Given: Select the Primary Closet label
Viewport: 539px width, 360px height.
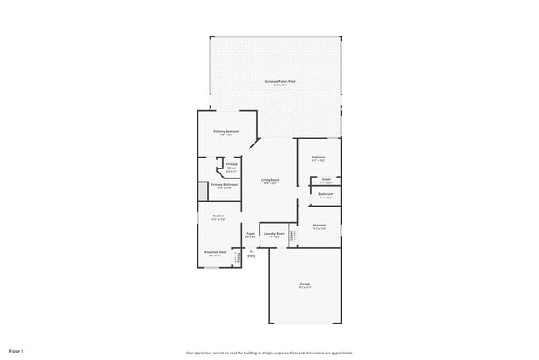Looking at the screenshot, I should (231, 166).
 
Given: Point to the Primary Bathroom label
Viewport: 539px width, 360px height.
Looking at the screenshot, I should (224, 184).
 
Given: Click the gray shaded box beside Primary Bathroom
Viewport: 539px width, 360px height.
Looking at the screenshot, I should (202, 191).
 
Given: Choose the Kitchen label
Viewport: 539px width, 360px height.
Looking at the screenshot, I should (218, 216).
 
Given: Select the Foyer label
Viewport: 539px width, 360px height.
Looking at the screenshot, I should (250, 233).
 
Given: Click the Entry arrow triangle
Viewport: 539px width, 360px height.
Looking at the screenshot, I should (250, 250).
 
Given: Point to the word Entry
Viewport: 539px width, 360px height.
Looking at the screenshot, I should (250, 255).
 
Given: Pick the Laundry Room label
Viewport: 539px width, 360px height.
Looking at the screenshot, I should (274, 233).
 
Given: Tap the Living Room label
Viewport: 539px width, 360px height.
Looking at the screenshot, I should (270, 180).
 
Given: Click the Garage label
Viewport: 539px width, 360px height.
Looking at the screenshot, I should (305, 284).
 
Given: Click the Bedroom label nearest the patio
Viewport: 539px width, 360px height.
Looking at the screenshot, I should (318, 157).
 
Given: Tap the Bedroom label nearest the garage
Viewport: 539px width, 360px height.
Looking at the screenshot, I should (319, 225).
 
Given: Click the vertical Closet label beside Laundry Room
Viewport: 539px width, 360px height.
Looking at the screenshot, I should (292, 236).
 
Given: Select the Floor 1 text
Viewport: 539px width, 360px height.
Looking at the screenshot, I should (16, 351).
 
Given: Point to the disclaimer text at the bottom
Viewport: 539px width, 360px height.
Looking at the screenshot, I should (269, 352).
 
